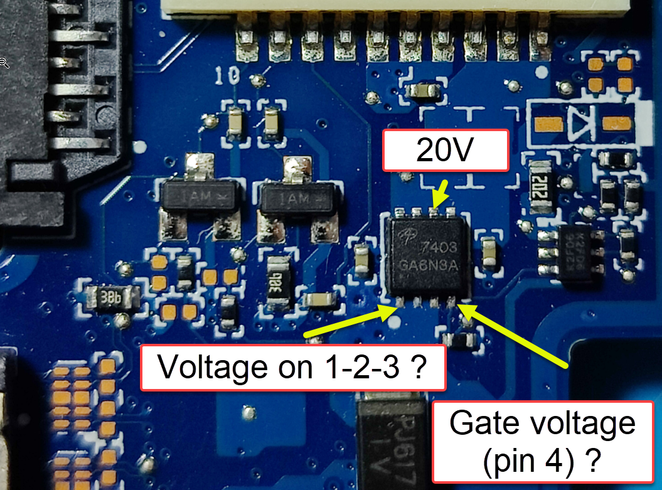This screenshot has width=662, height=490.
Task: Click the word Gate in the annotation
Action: [x=493, y=424]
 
